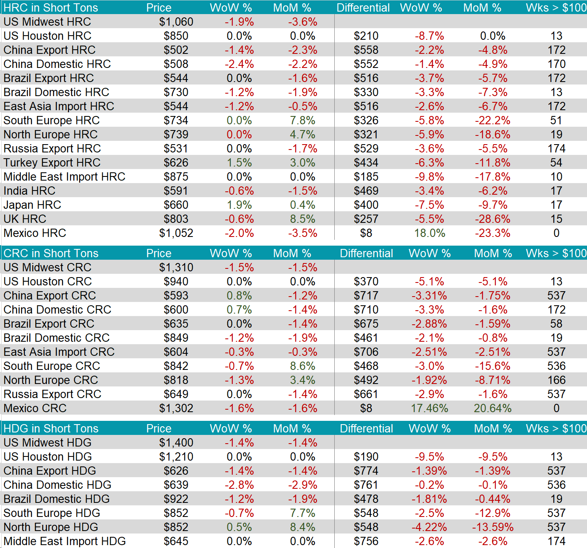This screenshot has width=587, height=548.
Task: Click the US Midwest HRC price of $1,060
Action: tap(176, 22)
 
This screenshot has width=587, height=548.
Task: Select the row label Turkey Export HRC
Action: tap(52, 163)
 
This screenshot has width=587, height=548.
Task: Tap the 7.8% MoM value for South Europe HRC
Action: tap(302, 121)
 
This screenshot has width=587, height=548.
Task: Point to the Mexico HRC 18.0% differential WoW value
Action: tap(430, 233)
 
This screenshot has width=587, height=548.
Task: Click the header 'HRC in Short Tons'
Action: tap(51, 8)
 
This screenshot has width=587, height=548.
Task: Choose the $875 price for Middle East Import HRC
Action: tap(176, 177)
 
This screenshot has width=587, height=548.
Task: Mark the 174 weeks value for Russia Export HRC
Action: tap(556, 149)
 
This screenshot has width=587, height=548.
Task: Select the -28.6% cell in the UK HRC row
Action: tap(493, 219)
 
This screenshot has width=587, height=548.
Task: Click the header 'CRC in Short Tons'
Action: tap(51, 253)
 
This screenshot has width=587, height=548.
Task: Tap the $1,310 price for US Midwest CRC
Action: tap(176, 268)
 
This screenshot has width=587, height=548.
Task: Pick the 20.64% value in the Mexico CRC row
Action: tap(493, 408)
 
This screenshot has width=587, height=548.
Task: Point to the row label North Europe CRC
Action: tap(51, 380)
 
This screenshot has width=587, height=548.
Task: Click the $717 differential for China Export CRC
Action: tap(366, 296)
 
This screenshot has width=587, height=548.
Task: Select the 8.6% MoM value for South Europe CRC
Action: tap(302, 366)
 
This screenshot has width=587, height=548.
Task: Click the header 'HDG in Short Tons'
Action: tap(51, 429)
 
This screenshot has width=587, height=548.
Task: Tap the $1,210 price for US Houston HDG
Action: tap(176, 457)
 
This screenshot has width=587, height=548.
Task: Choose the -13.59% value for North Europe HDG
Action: tap(493, 527)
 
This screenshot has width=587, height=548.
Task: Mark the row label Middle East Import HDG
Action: tap(65, 541)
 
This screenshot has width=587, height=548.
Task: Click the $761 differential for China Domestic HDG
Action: tap(366, 485)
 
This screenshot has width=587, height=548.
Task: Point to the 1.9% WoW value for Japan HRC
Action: tap(239, 205)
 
